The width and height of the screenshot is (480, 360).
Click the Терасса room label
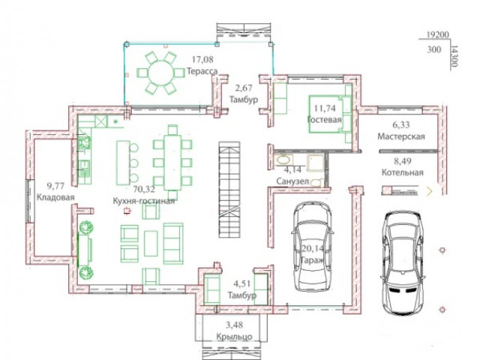tap(202, 71)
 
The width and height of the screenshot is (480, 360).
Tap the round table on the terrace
tap(161, 73)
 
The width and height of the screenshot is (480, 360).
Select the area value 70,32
tap(144, 189)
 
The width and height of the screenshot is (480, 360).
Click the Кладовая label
tap(55, 197)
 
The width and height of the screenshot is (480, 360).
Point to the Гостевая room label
tap(325, 119)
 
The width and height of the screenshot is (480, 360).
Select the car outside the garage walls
tap(403, 262)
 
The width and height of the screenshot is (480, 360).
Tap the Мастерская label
tap(401, 136)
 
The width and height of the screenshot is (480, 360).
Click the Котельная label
tap(402, 172)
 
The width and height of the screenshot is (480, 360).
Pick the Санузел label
tap(292, 181)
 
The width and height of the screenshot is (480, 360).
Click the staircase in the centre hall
tap(229, 189)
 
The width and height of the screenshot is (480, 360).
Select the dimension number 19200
tap(437, 34)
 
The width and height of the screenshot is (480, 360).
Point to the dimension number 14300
tap(454, 57)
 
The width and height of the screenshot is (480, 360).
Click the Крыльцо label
tap(234, 337)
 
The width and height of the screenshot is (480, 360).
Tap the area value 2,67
tap(244, 88)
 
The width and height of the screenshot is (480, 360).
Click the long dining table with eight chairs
tap(172, 162)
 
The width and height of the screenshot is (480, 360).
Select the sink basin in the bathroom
tap(283, 160)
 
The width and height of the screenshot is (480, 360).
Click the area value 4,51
tap(242, 283)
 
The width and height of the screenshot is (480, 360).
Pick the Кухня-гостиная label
tap(143, 201)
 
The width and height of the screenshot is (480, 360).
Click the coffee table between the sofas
tap(151, 243)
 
